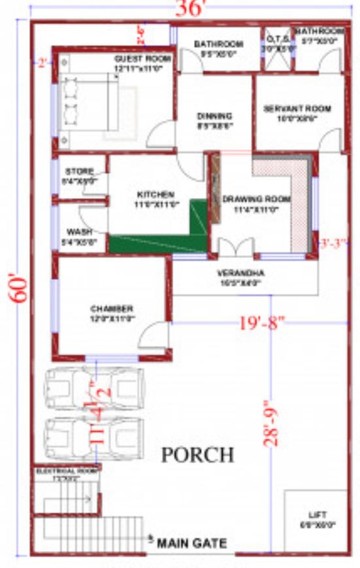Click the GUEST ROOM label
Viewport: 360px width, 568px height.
(142, 59)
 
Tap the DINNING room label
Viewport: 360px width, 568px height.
(215, 116)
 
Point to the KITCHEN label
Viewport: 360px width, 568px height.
(155, 195)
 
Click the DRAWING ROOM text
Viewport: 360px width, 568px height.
(256, 199)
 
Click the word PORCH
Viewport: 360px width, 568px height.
(197, 454)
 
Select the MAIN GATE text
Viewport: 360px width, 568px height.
(192, 543)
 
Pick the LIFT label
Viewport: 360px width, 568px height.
(317, 514)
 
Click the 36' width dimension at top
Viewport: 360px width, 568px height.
(191, 8)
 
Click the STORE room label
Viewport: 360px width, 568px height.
(79, 171)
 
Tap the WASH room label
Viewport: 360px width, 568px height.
(79, 232)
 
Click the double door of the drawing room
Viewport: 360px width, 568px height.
(235, 248)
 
